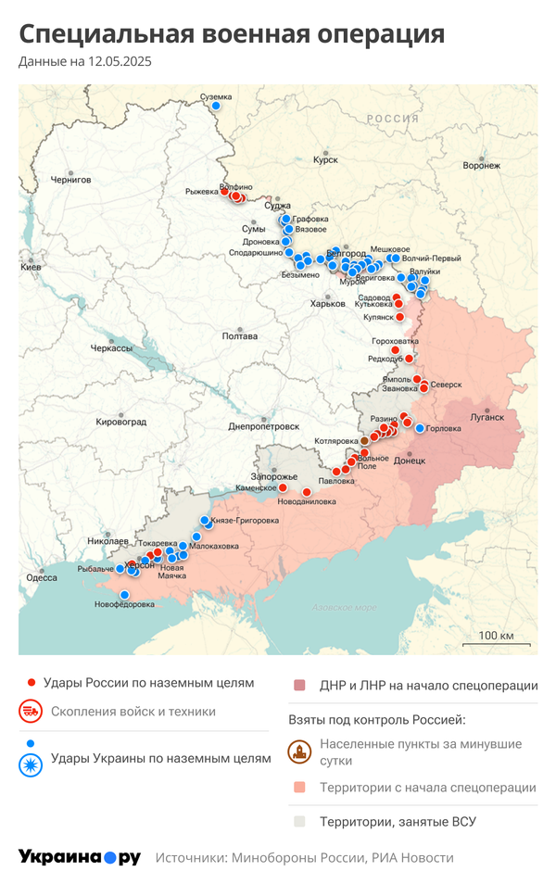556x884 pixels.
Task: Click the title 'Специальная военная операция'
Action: [232, 34]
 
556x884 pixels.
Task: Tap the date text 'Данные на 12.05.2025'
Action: [84, 62]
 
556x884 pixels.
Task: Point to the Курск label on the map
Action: [325, 159]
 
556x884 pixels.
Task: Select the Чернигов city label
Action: [70, 179]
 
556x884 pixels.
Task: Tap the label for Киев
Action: [31, 267]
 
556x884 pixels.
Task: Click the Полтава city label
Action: [240, 336]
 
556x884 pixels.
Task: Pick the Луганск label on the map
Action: [487, 417]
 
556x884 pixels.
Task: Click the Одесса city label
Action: [41, 577]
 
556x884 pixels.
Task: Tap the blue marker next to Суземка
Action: [216, 107]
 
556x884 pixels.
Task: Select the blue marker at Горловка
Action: [420, 428]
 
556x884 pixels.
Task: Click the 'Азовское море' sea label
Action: [344, 608]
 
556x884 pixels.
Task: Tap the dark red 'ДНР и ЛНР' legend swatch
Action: [299, 686]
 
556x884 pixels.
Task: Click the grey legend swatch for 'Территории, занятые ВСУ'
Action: [299, 821]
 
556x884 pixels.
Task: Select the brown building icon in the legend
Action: [299, 751]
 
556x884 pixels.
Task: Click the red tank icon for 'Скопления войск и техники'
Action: [32, 712]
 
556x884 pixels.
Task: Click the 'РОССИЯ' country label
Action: [392, 119]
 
